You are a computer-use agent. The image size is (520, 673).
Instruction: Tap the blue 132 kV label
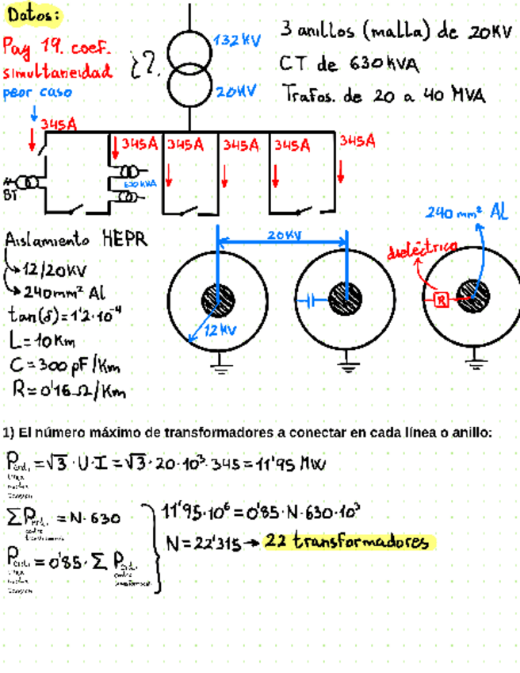[x=237, y=40]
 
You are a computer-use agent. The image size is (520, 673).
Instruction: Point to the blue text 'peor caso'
[x=38, y=92]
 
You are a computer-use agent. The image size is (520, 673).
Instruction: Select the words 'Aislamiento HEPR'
[x=76, y=239]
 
